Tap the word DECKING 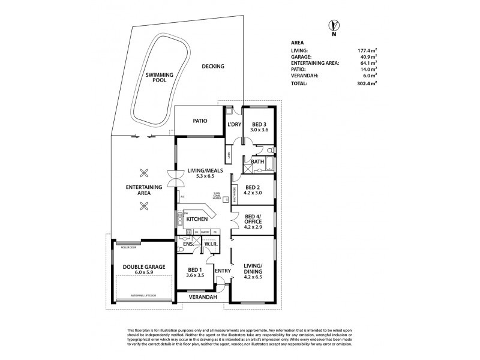tap(213, 67)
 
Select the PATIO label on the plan tap(200, 121)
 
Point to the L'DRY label tap(234, 125)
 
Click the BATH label tap(258, 161)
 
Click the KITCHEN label tap(197, 220)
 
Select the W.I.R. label tap(211, 244)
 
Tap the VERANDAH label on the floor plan tap(202, 296)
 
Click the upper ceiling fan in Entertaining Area tap(144, 174)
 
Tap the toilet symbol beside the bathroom tap(270, 149)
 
